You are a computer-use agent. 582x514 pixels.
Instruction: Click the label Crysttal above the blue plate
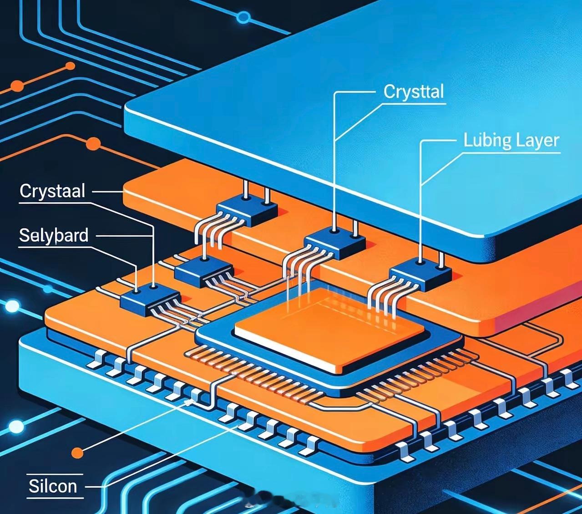point(413,92)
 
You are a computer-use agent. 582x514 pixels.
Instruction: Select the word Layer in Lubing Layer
point(537,141)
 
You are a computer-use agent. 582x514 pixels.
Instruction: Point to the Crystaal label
point(52,191)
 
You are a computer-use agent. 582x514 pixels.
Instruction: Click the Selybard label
point(54,235)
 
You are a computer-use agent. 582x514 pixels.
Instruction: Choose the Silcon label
point(53,486)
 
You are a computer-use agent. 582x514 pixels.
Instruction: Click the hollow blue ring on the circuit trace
point(244,18)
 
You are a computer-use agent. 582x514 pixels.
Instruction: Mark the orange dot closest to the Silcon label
point(77,453)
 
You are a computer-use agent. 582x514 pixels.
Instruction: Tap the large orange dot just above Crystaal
point(93,144)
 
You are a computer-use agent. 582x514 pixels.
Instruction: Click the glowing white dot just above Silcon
point(16,427)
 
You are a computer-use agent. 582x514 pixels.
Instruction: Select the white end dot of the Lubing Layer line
point(420,261)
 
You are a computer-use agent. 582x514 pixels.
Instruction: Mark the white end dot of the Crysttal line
point(335,231)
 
